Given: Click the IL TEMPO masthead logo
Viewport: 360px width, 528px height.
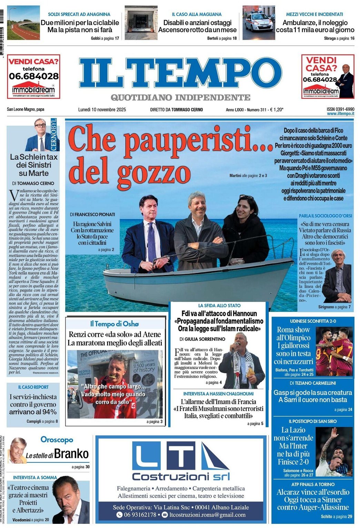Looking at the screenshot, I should [x=180, y=74].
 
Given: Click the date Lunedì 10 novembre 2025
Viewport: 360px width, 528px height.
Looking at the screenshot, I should [x=102, y=110].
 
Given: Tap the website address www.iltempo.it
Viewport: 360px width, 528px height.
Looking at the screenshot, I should [x=340, y=114].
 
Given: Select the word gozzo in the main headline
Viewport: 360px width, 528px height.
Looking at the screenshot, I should [x=154, y=172].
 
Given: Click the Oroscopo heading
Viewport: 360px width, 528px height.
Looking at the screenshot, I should [x=57, y=439].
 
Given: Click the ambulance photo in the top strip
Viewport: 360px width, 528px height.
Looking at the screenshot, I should [x=259, y=23].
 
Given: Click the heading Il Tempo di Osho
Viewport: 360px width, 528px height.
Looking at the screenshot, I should [x=114, y=324].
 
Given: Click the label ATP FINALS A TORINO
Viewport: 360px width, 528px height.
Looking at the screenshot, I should [x=313, y=484].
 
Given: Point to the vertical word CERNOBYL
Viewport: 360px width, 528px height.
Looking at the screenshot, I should [x=53, y=134].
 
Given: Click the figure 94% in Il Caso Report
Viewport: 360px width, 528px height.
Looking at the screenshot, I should [x=50, y=412].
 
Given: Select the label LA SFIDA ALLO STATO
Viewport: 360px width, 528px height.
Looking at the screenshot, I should [x=219, y=305].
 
